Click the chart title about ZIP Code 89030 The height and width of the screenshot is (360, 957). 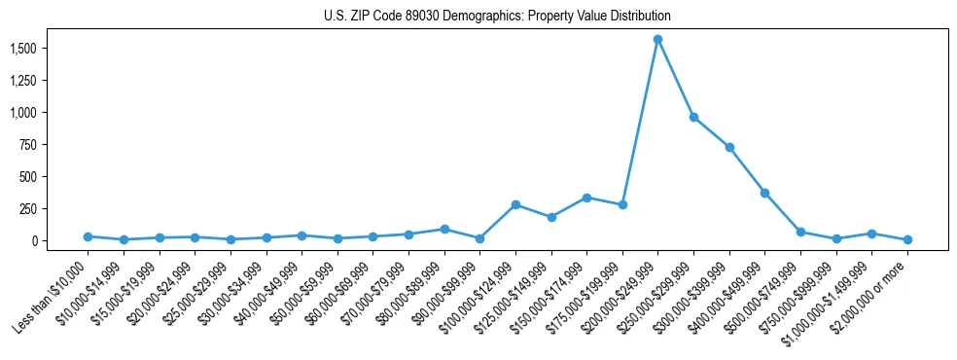497,17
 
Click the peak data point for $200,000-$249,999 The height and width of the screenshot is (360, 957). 658,39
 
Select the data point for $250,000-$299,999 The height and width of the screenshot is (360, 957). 693,117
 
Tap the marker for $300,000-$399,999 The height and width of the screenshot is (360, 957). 729,147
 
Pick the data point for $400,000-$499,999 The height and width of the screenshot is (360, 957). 765,193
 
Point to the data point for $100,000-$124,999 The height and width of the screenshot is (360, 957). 515,204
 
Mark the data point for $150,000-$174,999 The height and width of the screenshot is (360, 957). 586,198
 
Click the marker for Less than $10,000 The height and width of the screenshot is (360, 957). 88,236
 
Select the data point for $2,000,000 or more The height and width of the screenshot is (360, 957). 907,239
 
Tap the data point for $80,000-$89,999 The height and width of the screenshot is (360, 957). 444,230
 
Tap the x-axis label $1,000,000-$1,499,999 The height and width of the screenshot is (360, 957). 833,300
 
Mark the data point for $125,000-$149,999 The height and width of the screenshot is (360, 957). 551,217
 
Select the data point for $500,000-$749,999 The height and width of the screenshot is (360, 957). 800,232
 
